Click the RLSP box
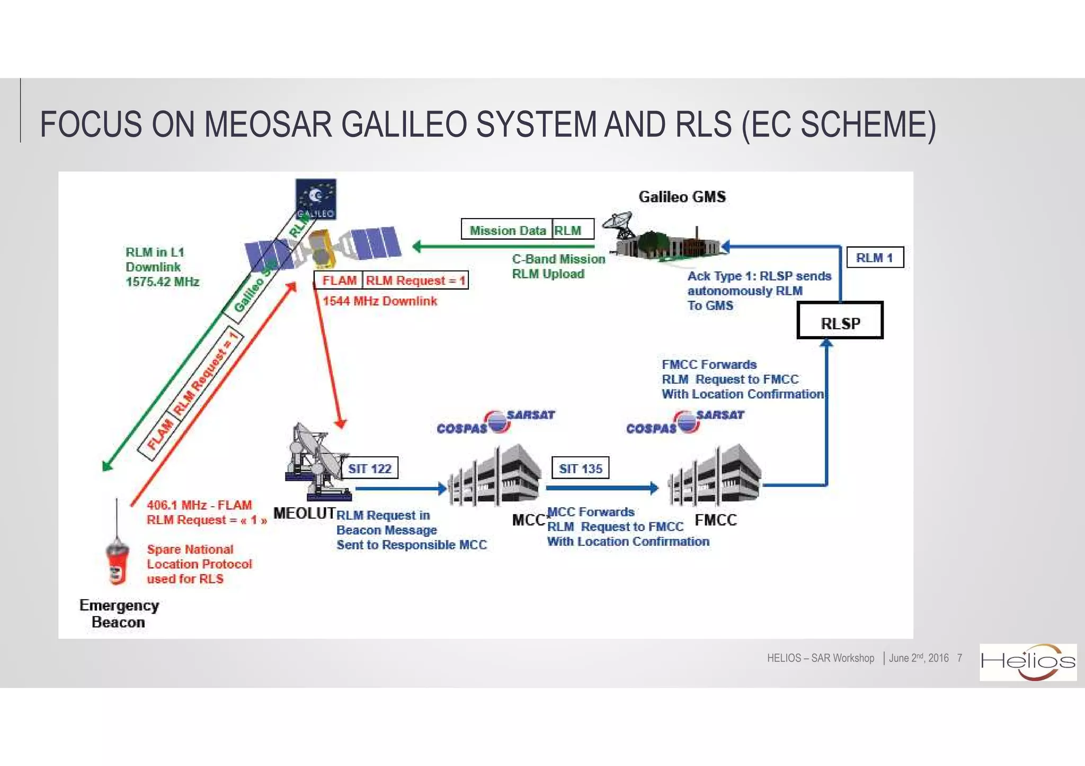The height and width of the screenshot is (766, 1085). [x=840, y=321]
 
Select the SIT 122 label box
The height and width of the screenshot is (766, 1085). [x=369, y=468]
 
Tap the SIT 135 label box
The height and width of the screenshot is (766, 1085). [x=580, y=468]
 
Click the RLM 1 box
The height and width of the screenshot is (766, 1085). [x=875, y=258]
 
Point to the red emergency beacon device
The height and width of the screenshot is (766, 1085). [x=117, y=562]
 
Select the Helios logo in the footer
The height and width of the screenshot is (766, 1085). [x=1027, y=662]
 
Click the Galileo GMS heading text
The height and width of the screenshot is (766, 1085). [x=682, y=197]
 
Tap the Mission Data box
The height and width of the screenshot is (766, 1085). [x=507, y=230]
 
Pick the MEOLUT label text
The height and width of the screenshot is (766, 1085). [x=305, y=513]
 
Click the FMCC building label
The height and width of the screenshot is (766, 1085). [x=715, y=520]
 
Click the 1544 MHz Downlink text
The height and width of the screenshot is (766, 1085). [x=380, y=301]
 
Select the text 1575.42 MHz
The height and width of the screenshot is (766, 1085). [x=162, y=282]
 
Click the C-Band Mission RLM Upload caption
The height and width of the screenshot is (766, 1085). [x=558, y=266]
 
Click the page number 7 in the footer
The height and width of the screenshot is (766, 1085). [x=959, y=658]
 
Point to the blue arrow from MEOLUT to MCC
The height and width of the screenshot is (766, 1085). [x=400, y=488]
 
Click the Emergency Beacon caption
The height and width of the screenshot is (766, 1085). [x=119, y=613]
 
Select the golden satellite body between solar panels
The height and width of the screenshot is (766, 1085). [x=321, y=248]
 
